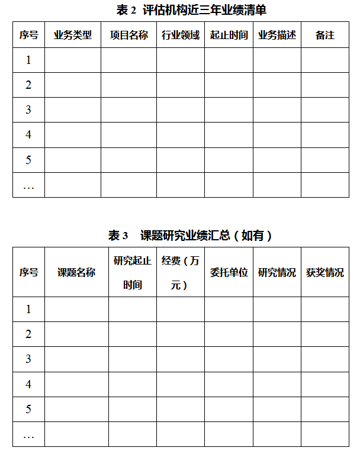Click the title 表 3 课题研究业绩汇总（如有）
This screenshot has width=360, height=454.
click(190, 236)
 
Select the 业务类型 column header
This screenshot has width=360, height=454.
click(73, 35)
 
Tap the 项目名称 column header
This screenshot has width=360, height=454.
click(128, 35)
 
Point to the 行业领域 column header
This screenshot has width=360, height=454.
click(181, 35)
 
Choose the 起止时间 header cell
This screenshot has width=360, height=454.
click(229, 35)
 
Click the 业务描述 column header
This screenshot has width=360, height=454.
click(277, 35)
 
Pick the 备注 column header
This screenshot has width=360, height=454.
click(324, 35)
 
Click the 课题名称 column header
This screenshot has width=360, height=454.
click(76, 272)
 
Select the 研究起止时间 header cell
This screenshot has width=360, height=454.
click(133, 272)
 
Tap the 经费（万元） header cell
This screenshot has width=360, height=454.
click(181, 272)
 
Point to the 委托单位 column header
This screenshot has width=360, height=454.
click(229, 272)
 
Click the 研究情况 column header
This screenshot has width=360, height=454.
click(277, 272)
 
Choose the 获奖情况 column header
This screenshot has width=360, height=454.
click(324, 272)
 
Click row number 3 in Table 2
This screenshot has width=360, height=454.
click(28, 110)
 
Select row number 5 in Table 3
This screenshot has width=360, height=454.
click(28, 409)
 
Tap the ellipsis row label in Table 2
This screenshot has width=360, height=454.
click(28, 185)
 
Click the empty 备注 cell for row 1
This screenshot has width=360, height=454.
click(324, 60)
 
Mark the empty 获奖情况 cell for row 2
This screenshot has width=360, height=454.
click(324, 334)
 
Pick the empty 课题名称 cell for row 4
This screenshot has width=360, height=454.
click(76, 384)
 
